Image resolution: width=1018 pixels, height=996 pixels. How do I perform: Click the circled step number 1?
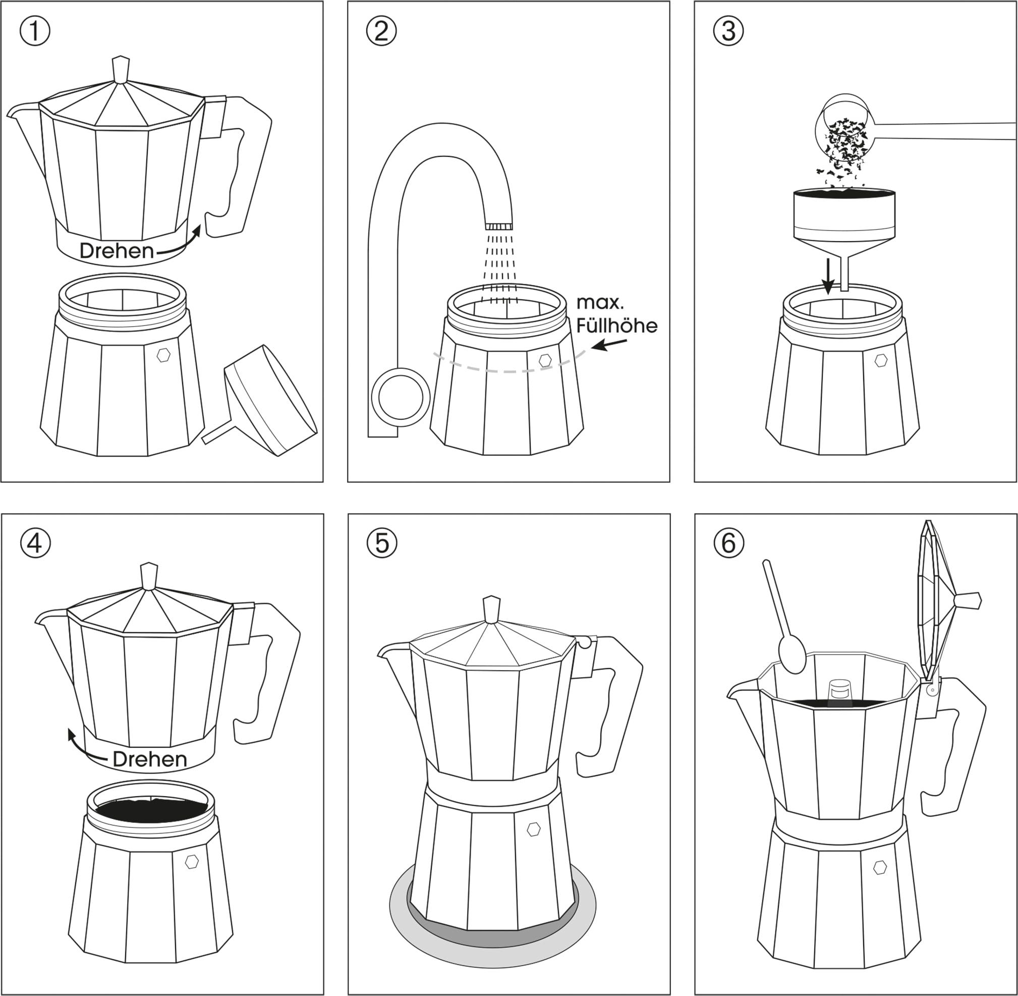[x=35, y=31]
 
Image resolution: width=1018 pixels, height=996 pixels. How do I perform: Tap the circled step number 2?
[x=381, y=31]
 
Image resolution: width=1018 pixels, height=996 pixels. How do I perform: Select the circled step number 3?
[x=728, y=31]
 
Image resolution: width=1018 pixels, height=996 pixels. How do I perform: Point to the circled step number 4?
[x=36, y=544]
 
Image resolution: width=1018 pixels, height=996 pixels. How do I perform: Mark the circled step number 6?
[x=728, y=544]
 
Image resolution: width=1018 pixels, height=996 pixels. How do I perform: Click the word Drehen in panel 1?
[x=117, y=251]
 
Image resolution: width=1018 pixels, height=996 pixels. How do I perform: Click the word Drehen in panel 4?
[x=150, y=759]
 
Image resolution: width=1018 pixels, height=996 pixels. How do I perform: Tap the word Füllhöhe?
[x=616, y=326]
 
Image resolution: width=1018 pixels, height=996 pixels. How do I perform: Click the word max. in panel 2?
[x=600, y=302]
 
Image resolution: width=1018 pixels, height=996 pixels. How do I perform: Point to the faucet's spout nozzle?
[x=498, y=226]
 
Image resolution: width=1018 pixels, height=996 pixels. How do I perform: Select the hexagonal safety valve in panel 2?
[x=546, y=360]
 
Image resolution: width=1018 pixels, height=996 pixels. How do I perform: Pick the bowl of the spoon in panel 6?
[x=793, y=654]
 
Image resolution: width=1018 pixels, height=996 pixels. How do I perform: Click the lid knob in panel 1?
[x=121, y=69]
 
